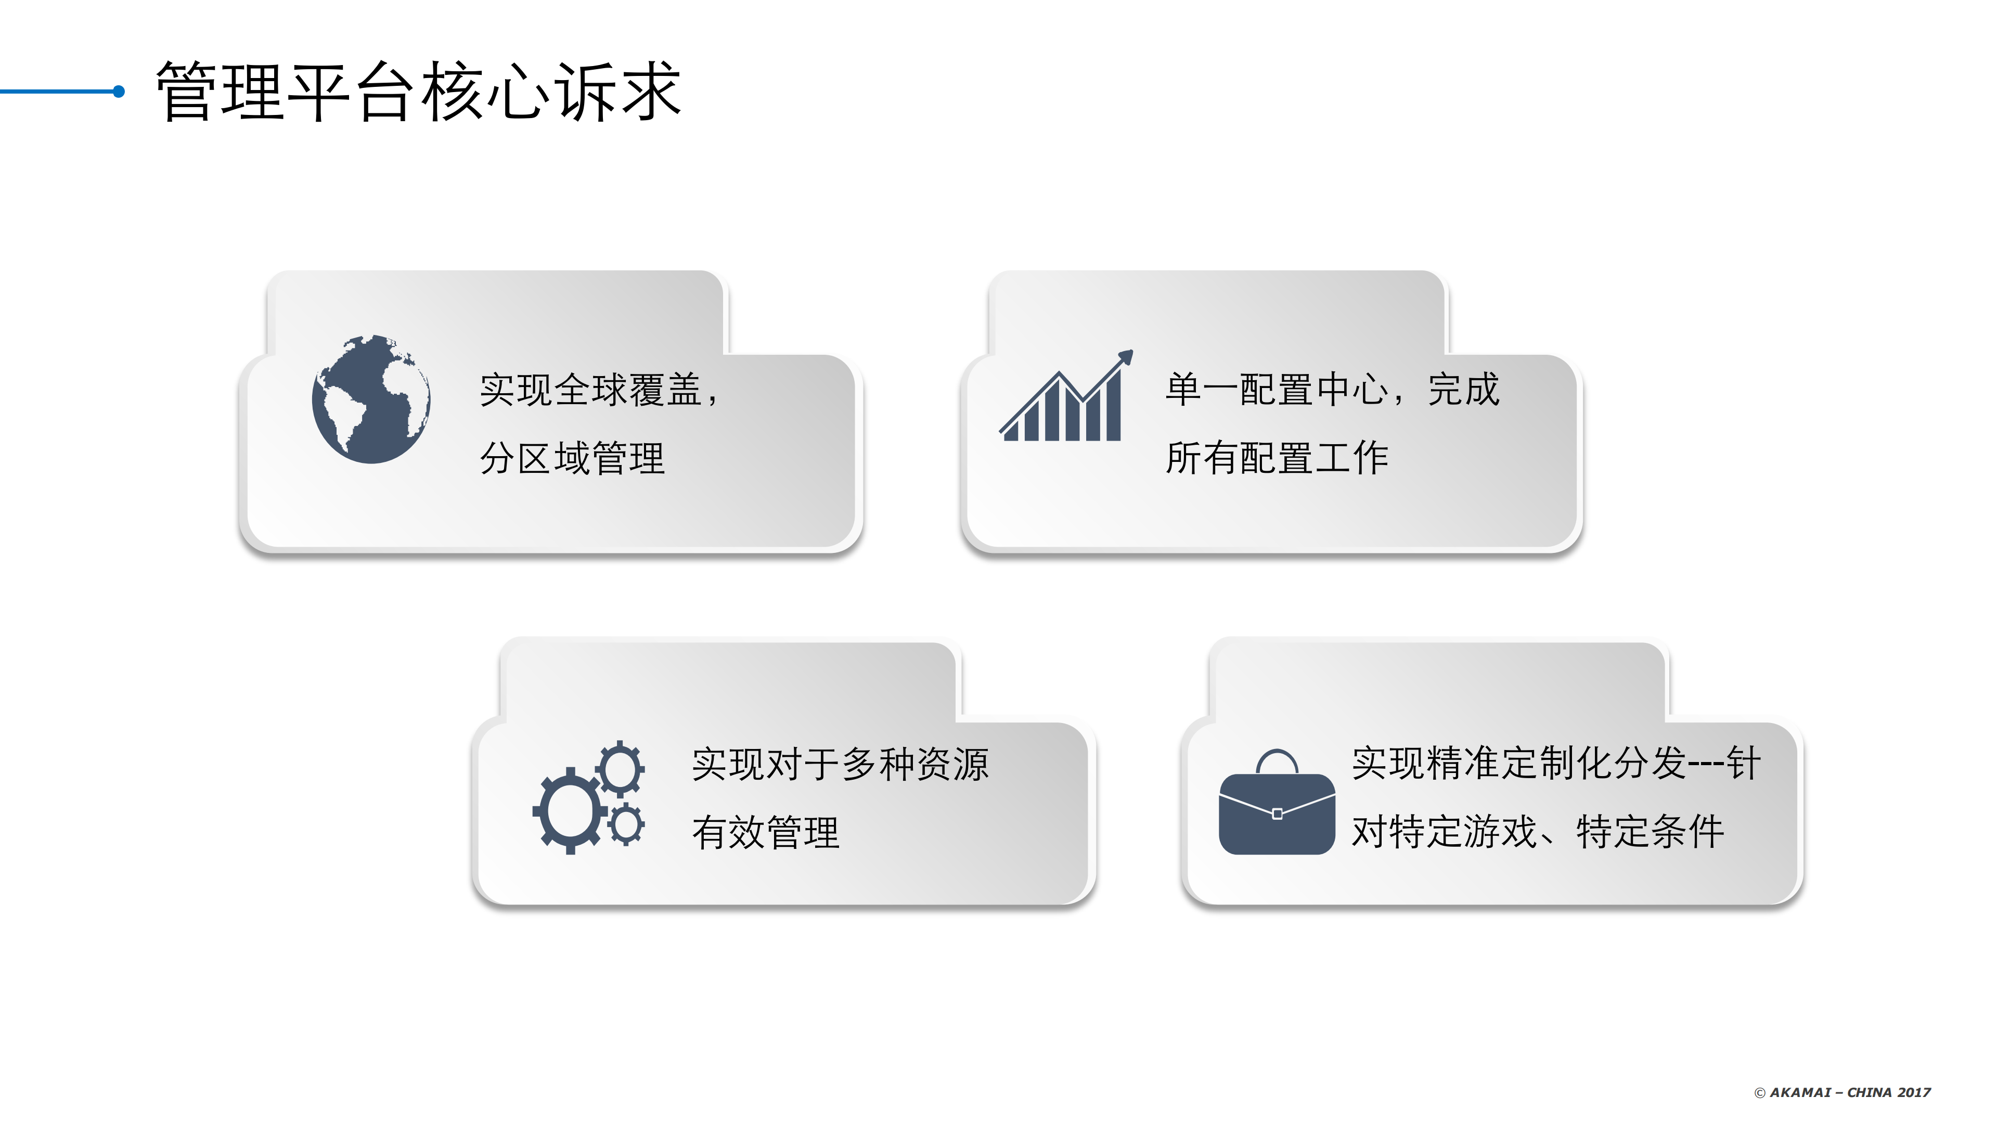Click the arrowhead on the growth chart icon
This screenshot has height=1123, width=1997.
1125,358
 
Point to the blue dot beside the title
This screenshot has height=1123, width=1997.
119,92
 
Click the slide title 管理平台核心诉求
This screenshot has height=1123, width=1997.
419,92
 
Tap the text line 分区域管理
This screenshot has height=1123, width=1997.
572,458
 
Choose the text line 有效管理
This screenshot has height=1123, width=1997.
765,833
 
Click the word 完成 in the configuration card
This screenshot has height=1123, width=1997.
1464,389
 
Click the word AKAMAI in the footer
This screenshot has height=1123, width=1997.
1800,1093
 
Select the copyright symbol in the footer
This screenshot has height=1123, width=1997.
1760,1093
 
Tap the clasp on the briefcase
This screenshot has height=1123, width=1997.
1277,814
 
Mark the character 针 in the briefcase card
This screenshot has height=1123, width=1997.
1744,764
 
